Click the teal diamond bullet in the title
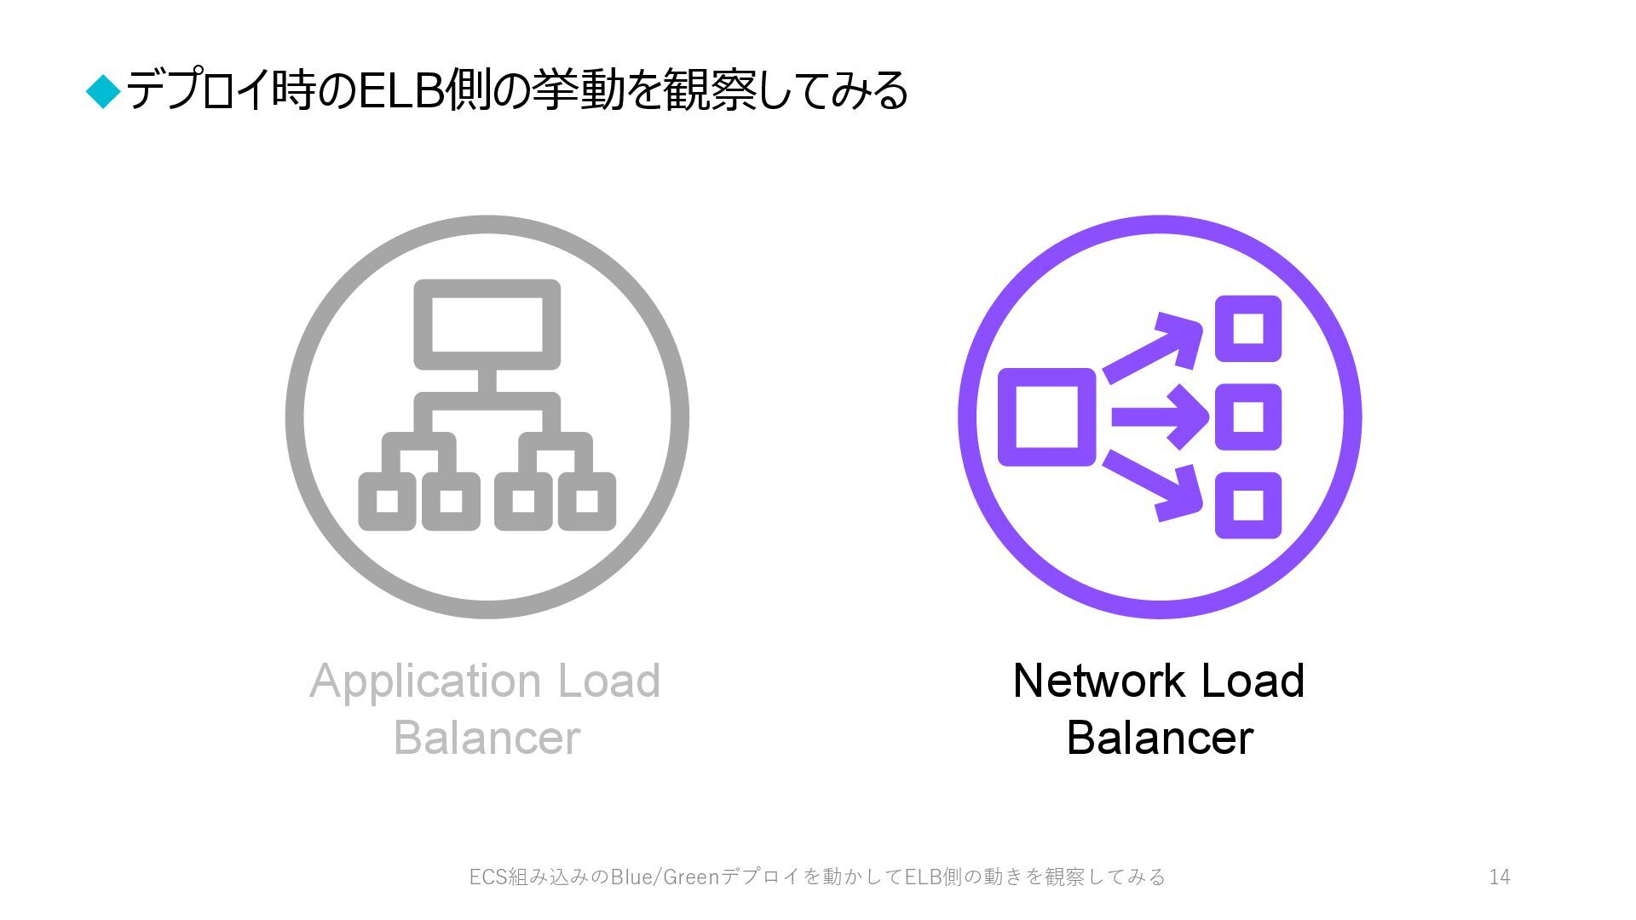point(105,91)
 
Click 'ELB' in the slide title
point(400,91)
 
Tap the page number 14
point(1500,877)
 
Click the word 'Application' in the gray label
point(425,681)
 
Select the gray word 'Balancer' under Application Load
point(487,738)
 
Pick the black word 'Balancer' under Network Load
point(1160,738)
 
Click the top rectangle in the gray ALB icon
point(487,325)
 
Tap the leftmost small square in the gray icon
point(387,501)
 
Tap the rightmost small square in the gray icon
point(587,501)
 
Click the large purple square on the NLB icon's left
point(1046,417)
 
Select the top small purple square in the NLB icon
point(1248,328)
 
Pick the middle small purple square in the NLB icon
point(1248,417)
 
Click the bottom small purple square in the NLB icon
point(1248,505)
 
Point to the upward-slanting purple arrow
point(1155,348)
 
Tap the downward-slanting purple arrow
point(1155,486)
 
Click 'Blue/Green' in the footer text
point(665,877)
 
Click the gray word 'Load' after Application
point(609,681)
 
